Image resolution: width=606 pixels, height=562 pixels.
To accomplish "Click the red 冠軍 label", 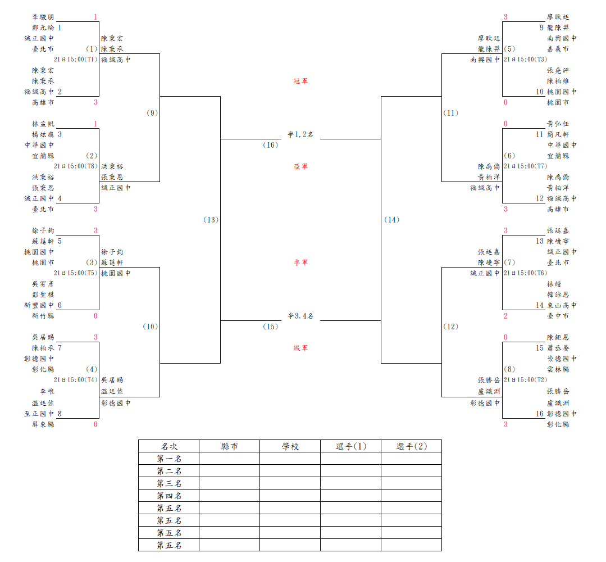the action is tap(300, 81).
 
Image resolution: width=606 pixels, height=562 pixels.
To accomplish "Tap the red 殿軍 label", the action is tap(300, 348).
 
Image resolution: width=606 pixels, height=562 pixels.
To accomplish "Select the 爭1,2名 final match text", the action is tap(300, 135).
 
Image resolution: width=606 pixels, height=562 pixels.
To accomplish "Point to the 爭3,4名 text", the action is tap(300, 316).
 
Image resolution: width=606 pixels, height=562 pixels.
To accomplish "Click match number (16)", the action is tap(271, 145).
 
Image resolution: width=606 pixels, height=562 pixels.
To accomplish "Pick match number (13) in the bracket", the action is tap(211, 220).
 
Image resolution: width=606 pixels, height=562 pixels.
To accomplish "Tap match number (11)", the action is tap(451, 113).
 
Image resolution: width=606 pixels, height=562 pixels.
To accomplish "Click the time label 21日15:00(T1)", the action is tap(76, 60).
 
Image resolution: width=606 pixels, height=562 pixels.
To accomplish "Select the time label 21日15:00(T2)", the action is tap(526, 380).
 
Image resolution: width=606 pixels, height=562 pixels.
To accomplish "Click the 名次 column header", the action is tap(169, 446).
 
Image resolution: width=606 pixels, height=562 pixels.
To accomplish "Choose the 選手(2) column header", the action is tap(412, 446).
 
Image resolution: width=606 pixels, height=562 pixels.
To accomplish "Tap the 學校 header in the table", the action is tap(290, 446).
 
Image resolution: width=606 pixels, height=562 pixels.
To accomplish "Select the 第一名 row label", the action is tap(169, 459).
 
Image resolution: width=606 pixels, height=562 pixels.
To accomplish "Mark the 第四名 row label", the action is tap(169, 496).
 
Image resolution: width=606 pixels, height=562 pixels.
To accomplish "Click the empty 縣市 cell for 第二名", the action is tap(230, 471).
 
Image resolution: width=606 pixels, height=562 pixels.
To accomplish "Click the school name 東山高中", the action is tap(562, 305).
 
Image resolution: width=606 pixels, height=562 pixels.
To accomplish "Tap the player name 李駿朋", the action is tap(43, 17).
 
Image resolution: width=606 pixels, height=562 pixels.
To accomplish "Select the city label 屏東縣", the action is tap(43, 424).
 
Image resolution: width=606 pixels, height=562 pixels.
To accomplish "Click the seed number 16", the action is tap(540, 414).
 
